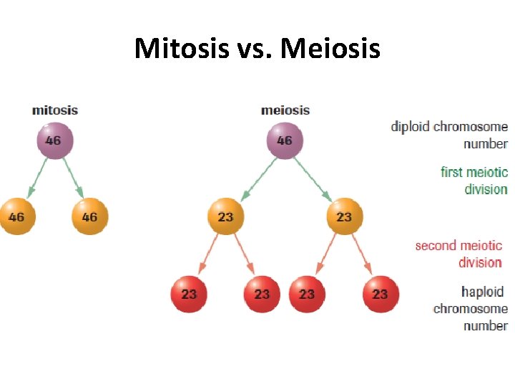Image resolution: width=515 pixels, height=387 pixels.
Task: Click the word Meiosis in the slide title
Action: point(330,49)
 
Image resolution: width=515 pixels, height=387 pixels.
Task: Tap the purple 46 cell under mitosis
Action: point(54,140)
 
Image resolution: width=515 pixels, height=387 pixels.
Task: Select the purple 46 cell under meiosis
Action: point(285,140)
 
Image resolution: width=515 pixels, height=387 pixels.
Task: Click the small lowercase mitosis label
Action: point(55,110)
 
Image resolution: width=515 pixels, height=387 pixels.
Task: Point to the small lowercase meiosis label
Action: point(285,110)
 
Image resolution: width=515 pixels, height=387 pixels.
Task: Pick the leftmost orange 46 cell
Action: point(16,216)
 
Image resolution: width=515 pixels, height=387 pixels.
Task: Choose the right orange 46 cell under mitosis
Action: point(89,216)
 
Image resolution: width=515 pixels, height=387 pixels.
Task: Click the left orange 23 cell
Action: point(225,216)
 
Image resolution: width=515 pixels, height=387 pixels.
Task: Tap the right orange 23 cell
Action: point(344,216)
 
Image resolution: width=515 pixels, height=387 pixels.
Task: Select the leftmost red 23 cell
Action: point(189,294)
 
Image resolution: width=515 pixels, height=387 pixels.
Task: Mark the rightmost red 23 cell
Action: point(380,294)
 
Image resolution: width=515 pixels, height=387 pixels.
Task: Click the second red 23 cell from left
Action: point(262,294)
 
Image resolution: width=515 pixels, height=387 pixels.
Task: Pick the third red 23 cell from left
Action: point(307,294)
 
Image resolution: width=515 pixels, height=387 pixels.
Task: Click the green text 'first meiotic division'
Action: point(474,181)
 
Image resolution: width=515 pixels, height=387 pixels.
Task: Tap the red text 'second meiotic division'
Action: point(459,254)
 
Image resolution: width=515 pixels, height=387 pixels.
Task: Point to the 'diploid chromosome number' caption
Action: point(449,135)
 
